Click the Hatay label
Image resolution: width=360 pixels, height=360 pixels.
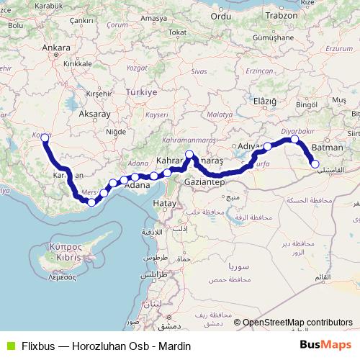click(164, 204)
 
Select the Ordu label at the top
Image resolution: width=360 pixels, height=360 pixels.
click(222, 14)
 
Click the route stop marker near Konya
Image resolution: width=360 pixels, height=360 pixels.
click(45, 138)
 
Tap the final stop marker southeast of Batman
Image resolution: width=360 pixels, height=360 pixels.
click(315, 164)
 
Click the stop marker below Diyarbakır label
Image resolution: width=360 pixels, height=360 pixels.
click(294, 139)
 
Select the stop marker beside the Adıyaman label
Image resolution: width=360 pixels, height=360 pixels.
click(267, 146)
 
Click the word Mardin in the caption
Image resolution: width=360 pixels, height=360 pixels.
click(176, 346)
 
